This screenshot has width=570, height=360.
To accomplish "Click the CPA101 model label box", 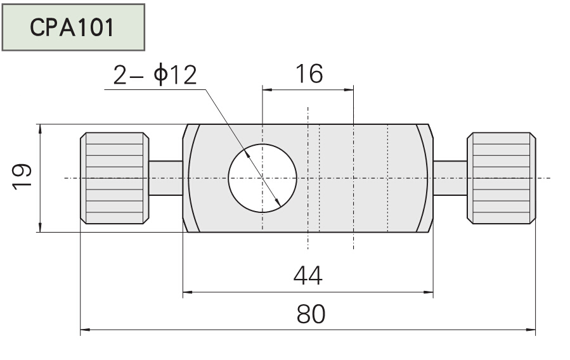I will [73, 27].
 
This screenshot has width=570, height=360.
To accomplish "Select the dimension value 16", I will [308, 74].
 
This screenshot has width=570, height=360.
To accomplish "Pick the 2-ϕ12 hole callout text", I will [155, 75].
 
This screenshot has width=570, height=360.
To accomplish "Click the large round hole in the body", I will [262, 178].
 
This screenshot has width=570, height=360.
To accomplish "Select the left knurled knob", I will [114, 178].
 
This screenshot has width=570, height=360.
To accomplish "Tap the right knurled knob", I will [501, 178].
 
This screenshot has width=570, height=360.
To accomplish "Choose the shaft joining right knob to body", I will [450, 178].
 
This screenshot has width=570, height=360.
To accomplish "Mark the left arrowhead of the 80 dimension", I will [85, 330].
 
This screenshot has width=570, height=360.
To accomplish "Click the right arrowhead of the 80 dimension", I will [531, 330].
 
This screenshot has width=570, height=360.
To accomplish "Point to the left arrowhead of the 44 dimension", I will [188, 293].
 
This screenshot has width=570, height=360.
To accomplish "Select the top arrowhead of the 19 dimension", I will [40, 128].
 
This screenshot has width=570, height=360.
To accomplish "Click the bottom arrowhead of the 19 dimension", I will [40, 228].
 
